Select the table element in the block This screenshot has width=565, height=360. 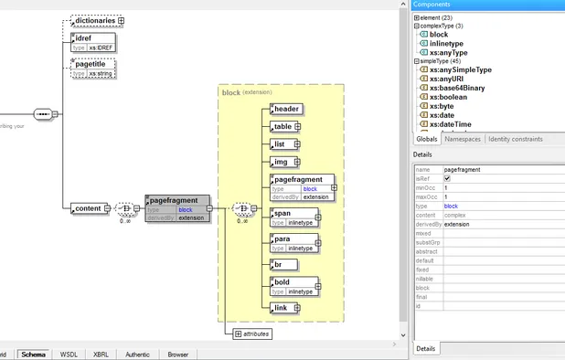coord(283,127)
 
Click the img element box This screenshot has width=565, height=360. coord(282,162)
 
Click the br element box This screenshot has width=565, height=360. coord(279,265)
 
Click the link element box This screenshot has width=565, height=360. coord(282,309)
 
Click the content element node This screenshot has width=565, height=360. coord(87,208)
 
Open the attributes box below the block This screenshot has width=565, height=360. coord(253,334)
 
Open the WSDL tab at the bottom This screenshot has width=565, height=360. coord(69,354)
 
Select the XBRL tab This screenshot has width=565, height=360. coord(101,354)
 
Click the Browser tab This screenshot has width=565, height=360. coord(177,354)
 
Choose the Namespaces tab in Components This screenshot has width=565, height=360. coord(462,139)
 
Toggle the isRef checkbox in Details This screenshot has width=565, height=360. coord(447,179)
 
